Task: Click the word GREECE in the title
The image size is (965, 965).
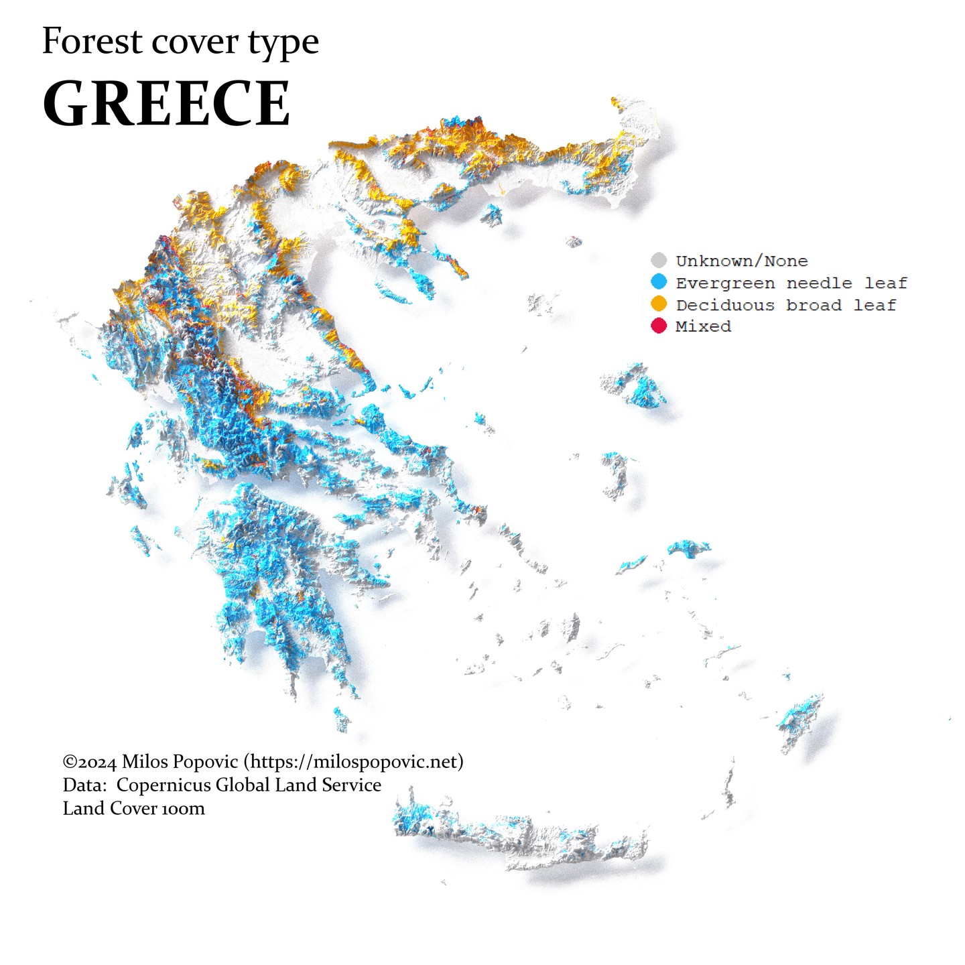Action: click(166, 104)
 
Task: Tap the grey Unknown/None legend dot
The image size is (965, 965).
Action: click(659, 261)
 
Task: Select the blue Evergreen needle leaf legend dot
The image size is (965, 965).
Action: click(659, 282)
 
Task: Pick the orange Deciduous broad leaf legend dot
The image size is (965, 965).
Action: click(659, 304)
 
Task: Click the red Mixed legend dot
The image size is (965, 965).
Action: click(659, 326)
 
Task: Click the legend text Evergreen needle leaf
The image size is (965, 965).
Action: click(791, 283)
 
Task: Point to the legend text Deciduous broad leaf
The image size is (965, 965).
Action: click(785, 305)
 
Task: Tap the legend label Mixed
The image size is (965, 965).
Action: click(703, 326)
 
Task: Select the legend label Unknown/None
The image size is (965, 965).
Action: click(741, 261)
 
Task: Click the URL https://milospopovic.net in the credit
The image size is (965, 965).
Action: click(353, 762)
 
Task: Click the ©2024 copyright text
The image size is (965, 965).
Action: click(90, 762)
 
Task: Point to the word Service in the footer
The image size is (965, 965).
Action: click(351, 785)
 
